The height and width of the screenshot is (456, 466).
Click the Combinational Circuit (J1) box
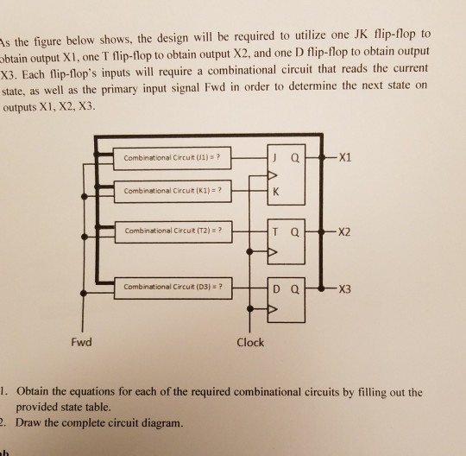(x=172, y=158)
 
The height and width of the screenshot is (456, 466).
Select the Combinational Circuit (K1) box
(x=173, y=191)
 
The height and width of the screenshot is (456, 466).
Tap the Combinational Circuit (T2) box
(x=173, y=231)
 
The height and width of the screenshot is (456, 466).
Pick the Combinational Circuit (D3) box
(x=173, y=288)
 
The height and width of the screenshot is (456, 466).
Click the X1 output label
(x=345, y=157)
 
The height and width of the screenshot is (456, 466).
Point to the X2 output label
(x=344, y=231)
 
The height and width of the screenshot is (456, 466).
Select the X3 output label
(x=345, y=288)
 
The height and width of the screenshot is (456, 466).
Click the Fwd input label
(x=81, y=342)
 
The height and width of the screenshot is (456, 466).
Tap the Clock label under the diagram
(x=250, y=342)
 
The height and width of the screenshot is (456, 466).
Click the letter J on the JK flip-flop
(x=275, y=158)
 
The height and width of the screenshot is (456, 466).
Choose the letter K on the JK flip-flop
(x=276, y=192)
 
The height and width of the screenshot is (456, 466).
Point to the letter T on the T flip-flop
(x=275, y=231)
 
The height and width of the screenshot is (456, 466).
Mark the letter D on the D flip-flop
(x=276, y=288)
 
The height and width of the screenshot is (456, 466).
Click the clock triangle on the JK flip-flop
(x=273, y=175)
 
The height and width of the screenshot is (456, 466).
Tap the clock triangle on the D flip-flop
(x=273, y=309)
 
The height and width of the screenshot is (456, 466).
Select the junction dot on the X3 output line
(x=321, y=288)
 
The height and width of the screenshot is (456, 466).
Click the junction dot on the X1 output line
(x=321, y=157)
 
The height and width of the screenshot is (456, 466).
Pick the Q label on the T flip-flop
(x=295, y=231)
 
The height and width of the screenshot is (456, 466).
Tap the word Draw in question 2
(x=28, y=422)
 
